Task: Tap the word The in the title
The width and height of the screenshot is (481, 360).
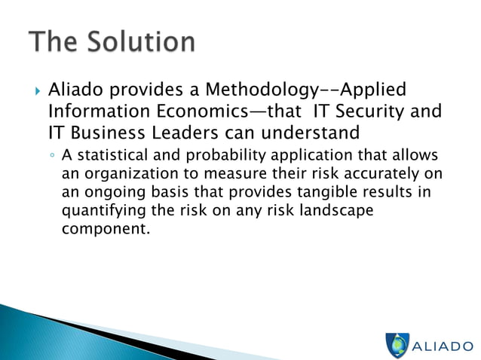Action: click(x=54, y=42)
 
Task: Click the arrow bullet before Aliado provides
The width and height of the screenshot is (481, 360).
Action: click(x=37, y=91)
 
